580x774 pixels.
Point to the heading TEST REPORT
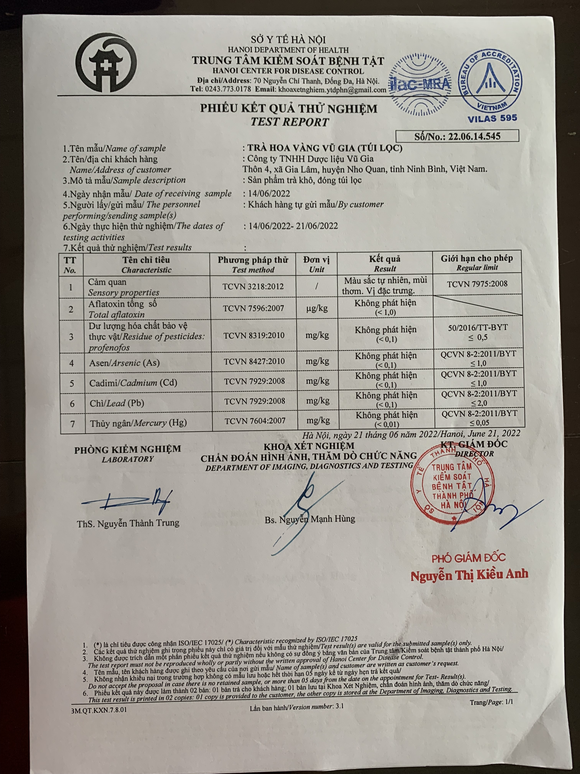coord(289,122)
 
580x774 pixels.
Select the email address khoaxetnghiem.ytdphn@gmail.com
coord(332,90)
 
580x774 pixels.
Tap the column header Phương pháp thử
coord(253,260)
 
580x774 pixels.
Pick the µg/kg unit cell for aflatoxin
coord(317,308)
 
